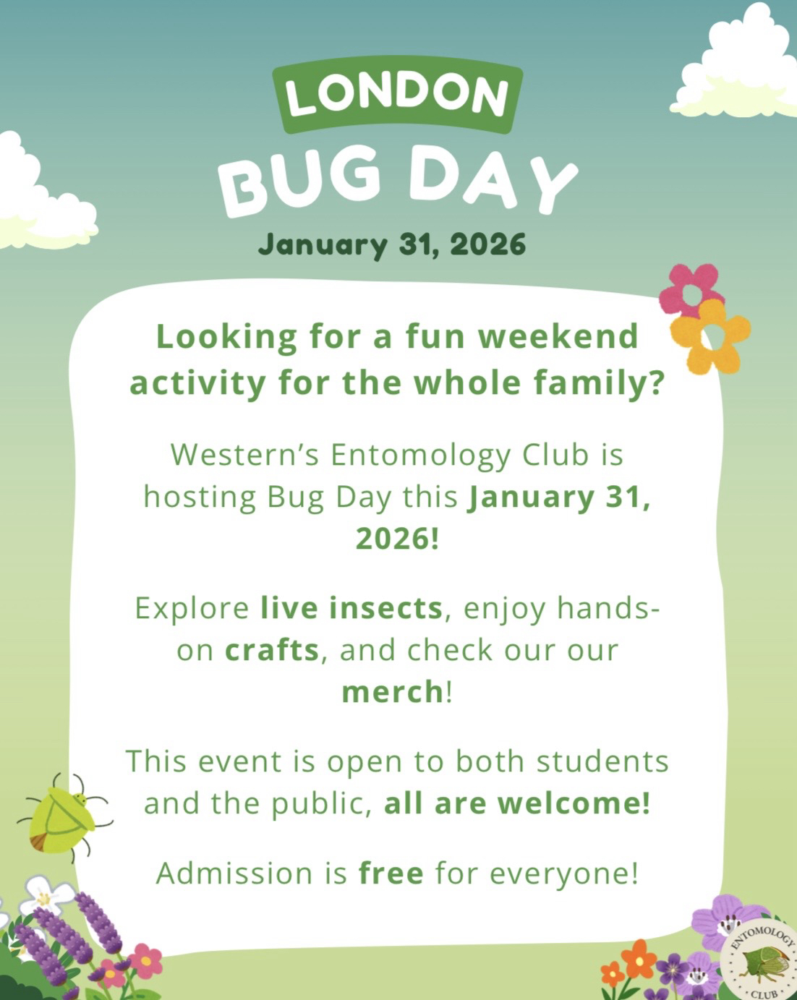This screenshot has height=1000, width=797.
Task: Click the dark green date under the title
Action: (x=392, y=245)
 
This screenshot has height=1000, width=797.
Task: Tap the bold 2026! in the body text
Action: (x=397, y=539)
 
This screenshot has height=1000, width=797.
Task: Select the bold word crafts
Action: (x=272, y=651)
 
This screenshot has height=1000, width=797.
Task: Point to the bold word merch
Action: (x=393, y=692)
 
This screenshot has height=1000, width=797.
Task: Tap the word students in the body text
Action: (x=602, y=761)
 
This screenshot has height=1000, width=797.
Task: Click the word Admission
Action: (x=234, y=873)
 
